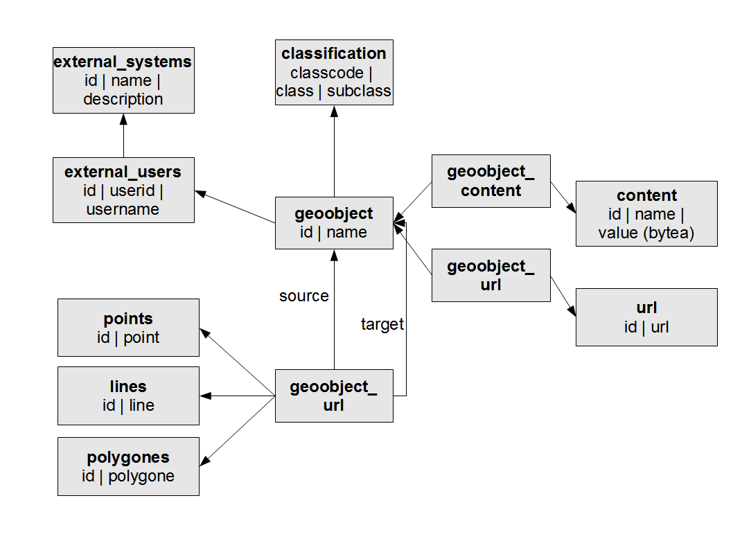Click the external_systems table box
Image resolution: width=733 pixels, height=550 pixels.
coord(123,80)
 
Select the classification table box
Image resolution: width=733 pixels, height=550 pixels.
coord(334,72)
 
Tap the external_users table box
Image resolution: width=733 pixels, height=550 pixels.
coord(123,190)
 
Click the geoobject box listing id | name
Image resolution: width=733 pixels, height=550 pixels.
coord(334,222)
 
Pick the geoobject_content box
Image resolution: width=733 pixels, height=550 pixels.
coord(491,181)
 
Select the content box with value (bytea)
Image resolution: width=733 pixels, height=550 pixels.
coord(646,214)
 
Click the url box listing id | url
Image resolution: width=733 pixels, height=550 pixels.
coord(646,317)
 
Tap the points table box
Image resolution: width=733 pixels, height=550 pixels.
coord(128,328)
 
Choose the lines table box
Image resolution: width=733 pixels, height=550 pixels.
coord(128,396)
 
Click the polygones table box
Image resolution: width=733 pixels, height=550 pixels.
coord(128,466)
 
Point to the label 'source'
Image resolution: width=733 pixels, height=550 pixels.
coord(303,296)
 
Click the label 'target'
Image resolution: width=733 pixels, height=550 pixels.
coord(382,324)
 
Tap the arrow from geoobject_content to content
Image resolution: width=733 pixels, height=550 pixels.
coord(563,198)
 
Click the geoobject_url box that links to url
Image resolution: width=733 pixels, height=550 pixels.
coord(491,275)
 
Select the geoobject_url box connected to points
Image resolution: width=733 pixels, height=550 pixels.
coord(334,396)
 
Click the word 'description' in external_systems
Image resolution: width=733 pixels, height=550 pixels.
coord(123,99)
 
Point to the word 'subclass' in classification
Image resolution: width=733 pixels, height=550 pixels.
coord(359,91)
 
